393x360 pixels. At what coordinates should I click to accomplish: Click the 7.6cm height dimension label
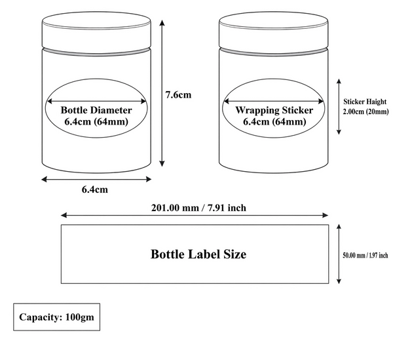pos(178,95)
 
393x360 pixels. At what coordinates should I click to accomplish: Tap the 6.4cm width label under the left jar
pos(95,190)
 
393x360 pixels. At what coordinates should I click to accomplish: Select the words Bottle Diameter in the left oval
pos(96,110)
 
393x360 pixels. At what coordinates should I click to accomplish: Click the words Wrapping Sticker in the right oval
pos(274,110)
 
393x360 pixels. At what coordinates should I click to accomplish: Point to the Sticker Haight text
pos(365,102)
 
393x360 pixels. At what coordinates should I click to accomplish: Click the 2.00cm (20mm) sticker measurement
pos(366,111)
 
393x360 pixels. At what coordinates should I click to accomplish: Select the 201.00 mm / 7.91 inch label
pos(198,208)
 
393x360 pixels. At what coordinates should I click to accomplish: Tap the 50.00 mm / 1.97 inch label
pos(365,255)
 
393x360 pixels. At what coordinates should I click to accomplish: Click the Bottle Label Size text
pos(198,254)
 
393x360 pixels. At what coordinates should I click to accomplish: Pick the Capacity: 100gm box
pos(56,317)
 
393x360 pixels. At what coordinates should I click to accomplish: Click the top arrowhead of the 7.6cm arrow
pos(162,22)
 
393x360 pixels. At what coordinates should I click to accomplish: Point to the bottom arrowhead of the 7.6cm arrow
pos(162,163)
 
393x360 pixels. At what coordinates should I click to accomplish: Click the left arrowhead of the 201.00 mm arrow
pos(64,215)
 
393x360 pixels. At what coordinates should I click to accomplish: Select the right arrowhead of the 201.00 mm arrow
pos(326,215)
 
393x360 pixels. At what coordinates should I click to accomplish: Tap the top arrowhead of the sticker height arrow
pos(339,81)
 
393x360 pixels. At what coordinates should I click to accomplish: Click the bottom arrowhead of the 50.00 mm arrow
pos(339,281)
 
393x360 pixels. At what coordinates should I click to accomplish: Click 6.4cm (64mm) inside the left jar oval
pos(96,122)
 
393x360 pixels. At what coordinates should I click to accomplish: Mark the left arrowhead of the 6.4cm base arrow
pos(45,179)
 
